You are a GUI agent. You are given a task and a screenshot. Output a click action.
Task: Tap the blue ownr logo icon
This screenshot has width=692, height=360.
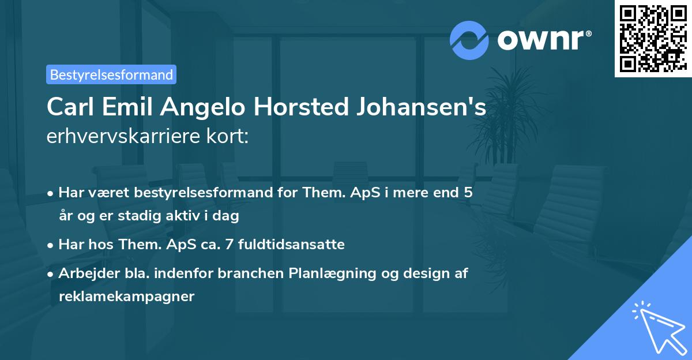[469, 39]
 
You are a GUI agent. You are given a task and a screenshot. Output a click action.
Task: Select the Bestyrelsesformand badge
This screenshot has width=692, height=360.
[111, 74]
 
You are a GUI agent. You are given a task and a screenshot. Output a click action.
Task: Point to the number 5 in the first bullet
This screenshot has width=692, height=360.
[468, 193]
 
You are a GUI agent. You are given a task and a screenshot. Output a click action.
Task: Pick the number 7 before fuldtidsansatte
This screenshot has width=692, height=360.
[228, 245]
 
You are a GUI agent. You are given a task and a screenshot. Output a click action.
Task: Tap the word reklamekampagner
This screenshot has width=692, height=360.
[127, 297]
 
